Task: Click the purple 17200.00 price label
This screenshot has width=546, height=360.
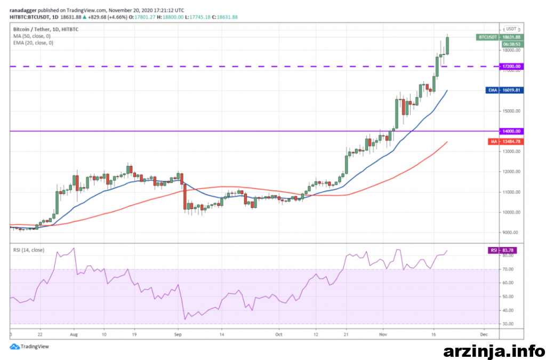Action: click(x=510, y=67)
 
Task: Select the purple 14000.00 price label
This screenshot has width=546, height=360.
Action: click(x=510, y=131)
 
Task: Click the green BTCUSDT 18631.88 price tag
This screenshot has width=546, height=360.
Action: click(x=500, y=37)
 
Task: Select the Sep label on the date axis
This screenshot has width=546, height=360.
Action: click(x=179, y=335)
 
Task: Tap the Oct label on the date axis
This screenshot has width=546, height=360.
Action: click(x=278, y=335)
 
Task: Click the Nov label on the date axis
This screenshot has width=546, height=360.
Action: click(x=383, y=335)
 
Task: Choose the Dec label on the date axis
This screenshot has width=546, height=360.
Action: click(x=483, y=335)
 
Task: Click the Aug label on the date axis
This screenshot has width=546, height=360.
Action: click(x=74, y=335)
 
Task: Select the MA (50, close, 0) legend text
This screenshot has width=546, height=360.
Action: click(x=31, y=36)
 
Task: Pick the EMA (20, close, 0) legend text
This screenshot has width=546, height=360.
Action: click(x=33, y=42)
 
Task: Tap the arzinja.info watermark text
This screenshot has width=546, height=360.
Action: click(x=494, y=351)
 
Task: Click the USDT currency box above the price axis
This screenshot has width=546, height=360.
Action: click(x=511, y=29)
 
